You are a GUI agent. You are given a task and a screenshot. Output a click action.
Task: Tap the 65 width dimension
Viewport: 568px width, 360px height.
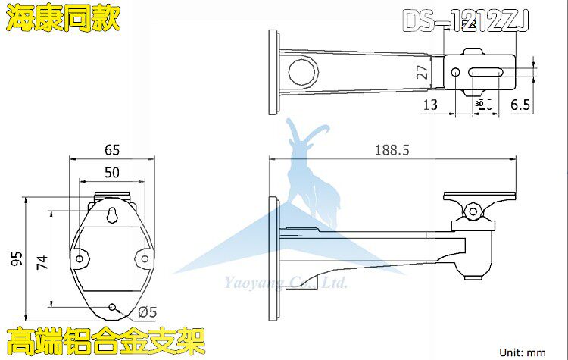click(111, 149)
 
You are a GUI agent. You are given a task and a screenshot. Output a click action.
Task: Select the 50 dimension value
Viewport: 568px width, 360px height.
click(111, 172)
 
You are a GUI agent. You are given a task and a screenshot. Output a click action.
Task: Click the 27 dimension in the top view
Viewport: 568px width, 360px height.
click(423, 73)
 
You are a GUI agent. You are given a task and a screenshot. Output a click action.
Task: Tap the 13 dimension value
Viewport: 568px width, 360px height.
click(429, 105)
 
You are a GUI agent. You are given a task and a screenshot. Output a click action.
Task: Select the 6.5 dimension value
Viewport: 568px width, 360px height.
click(520, 105)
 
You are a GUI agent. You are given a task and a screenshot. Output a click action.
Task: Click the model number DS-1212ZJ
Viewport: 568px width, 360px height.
click(466, 20)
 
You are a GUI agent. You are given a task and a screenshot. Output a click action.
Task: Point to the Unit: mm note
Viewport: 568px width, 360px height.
click(523, 352)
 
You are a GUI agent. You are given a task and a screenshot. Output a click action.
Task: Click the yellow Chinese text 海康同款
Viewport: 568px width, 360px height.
click(63, 19)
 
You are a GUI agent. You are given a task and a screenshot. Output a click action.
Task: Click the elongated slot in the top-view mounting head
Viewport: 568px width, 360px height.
click(488, 73)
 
